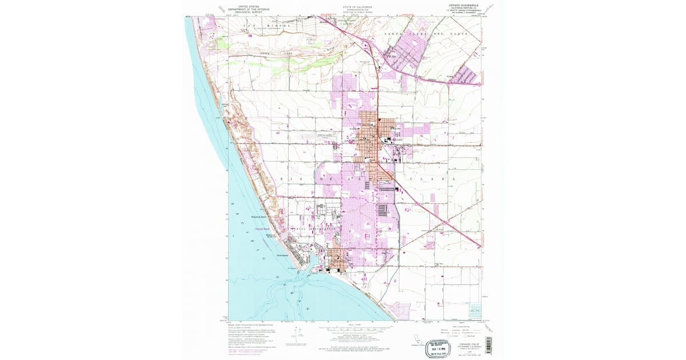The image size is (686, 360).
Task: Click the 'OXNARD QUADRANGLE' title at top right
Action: pos(461,5)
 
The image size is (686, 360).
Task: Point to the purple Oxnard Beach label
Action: pos(263,228)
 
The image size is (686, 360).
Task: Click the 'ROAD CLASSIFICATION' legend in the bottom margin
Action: pos(461,326)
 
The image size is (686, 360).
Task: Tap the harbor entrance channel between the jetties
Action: pos(301,275)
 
